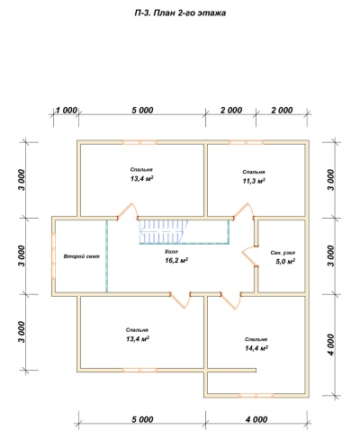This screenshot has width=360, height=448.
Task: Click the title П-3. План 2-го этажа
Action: tap(180, 13)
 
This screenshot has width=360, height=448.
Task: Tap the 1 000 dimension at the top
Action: tap(67, 111)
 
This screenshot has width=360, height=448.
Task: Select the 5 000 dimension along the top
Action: tap(142, 111)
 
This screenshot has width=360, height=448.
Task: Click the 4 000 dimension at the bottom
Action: tap(256, 419)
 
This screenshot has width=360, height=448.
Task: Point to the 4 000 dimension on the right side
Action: tap(330, 345)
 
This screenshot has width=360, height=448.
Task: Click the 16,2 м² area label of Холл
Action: tap(176, 260)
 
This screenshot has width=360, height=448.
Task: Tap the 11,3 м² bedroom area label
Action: tap(254, 181)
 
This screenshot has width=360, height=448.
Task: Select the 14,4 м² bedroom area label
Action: tap(256, 348)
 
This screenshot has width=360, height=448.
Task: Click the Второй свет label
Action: tap(82, 256)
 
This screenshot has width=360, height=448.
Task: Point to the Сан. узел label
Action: tap(283, 253)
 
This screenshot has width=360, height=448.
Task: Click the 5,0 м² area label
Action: tap(285, 262)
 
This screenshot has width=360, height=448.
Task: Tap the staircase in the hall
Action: tap(164, 232)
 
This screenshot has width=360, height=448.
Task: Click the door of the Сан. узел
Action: tap(249, 256)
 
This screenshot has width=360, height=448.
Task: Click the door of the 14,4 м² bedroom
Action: tap(230, 300)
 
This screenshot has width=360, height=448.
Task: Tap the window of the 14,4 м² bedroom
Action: tap(256, 396)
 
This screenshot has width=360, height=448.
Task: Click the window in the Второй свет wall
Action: tap(53, 256)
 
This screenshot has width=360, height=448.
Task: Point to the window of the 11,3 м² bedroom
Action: tap(247, 142)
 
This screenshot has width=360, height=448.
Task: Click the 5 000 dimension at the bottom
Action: tap(142, 419)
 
